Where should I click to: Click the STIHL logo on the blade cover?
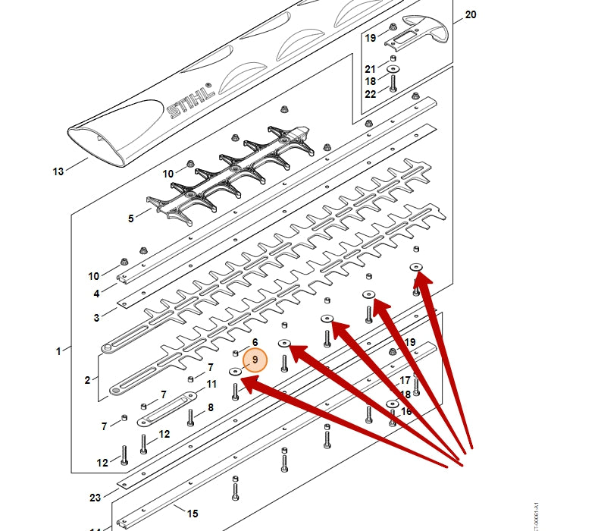(x=190, y=102)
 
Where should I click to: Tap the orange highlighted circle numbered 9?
(x=256, y=359)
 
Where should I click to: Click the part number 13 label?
(x=58, y=171)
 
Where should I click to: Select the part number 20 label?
(x=470, y=14)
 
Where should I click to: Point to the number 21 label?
(x=370, y=69)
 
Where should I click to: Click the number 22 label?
(x=370, y=94)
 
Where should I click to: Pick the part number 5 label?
(x=130, y=218)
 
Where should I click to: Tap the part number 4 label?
(x=96, y=294)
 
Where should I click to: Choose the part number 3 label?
(x=96, y=318)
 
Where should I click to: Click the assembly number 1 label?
(x=58, y=351)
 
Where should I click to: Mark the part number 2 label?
(x=87, y=380)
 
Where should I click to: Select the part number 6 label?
(x=255, y=342)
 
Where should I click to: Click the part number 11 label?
(x=211, y=385)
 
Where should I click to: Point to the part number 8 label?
(x=210, y=407)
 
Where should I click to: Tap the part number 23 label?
(x=95, y=498)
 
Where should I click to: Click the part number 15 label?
(x=193, y=514)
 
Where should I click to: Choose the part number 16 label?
(x=406, y=411)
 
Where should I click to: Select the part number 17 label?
(x=405, y=380)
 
